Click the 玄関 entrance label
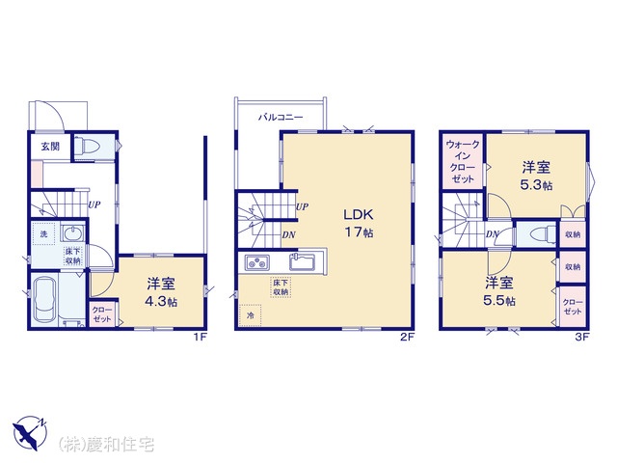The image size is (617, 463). pos(50,147)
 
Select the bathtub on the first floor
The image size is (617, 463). pos(44,299)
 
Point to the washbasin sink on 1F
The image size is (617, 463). pos(72,232)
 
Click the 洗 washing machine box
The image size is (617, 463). pos(43,233)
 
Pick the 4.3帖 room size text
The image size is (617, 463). pos(161,302)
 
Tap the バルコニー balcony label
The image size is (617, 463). pos(281,117)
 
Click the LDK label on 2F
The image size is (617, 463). pos(358,214)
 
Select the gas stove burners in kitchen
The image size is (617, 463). pos(257,262)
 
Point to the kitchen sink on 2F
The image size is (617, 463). pos(302,261)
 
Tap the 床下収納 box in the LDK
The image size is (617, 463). pos(281,287)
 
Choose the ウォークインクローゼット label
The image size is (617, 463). pos(463,161)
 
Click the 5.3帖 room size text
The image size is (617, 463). pos(536,184)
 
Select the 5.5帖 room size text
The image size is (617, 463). pos(499,300)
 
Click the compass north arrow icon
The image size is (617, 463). pos(30,433)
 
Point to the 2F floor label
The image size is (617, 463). pos(408,337)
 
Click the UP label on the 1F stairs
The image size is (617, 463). pos(94,204)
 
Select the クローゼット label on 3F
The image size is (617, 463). pos(573,307)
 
